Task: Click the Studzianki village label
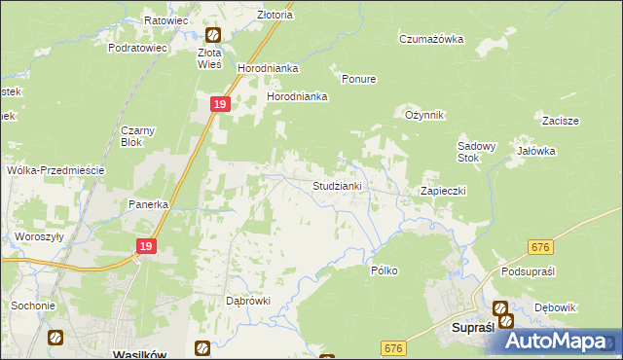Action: [x=338, y=185]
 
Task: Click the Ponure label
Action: [x=359, y=79]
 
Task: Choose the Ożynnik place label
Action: [x=424, y=115]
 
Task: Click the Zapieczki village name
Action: [x=443, y=191]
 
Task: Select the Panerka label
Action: [x=150, y=205]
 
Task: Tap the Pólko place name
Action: [x=384, y=270]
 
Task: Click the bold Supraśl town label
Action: [x=476, y=328]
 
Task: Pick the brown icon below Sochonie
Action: [x=55, y=337]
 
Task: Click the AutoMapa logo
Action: [x=559, y=341]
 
